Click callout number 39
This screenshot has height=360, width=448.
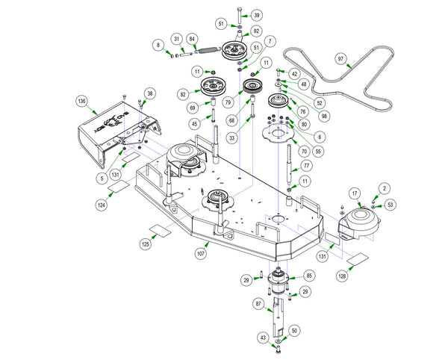256,15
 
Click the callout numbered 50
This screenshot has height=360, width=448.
293,329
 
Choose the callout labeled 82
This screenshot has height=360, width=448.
183,94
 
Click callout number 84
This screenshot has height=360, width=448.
193,39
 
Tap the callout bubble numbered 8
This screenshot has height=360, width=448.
158,46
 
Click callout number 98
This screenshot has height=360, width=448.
324,117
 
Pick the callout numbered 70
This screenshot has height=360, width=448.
303,140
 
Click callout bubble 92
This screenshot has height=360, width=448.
256,31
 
